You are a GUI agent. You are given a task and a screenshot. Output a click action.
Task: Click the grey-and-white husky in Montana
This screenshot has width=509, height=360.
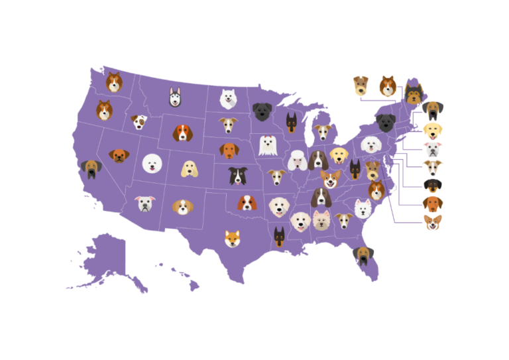click(x=174, y=97)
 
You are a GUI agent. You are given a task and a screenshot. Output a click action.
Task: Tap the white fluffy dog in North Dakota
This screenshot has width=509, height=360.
click(x=229, y=99)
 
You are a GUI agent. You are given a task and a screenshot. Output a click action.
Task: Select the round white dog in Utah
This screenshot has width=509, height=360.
click(x=152, y=163)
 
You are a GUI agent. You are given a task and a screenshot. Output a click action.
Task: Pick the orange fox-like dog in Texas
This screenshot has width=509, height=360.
click(x=232, y=238)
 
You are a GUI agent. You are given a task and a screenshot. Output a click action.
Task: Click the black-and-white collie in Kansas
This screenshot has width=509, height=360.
click(x=237, y=176)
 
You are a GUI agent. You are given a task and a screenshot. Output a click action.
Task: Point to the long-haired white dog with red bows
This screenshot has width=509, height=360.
click(x=268, y=145)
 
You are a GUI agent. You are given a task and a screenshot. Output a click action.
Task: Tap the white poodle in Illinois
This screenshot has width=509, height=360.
click(x=297, y=160)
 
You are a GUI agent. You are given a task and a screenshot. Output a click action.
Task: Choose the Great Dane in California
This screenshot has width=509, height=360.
click(x=90, y=169)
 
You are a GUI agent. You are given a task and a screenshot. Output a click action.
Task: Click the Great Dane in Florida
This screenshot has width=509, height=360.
click(x=363, y=254)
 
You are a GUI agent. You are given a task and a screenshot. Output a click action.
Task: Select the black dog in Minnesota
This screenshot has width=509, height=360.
click(x=262, y=111)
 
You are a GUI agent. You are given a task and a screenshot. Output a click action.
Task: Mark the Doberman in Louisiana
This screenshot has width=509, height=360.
click(x=279, y=236)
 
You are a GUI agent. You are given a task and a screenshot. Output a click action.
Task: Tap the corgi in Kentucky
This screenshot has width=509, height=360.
click(x=330, y=178)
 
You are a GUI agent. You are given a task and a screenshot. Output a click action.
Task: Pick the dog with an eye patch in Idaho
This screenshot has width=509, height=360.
click(x=139, y=122)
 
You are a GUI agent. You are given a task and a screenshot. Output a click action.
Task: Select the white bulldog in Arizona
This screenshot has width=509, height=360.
click(x=145, y=204)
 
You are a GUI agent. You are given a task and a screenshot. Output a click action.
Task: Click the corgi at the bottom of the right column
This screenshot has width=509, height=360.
click(x=433, y=223)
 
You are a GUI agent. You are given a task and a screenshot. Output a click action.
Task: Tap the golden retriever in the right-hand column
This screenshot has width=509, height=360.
click(x=433, y=131)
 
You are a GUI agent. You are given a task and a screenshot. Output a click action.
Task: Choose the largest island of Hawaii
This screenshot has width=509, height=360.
click(x=194, y=286)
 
